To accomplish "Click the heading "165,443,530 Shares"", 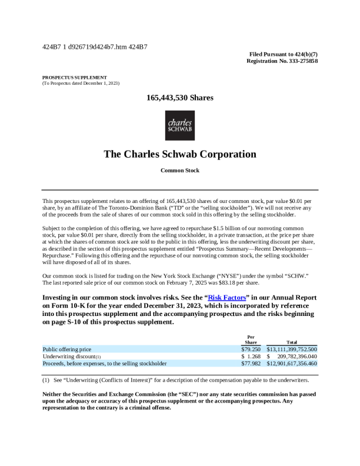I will click(179, 98).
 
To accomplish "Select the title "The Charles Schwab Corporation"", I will click(179, 154).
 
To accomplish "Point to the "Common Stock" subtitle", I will click(179, 171).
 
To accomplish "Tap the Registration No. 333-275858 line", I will click(282, 61).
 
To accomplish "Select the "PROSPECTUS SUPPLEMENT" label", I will click(74, 77).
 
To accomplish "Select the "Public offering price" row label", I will click(67, 349).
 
